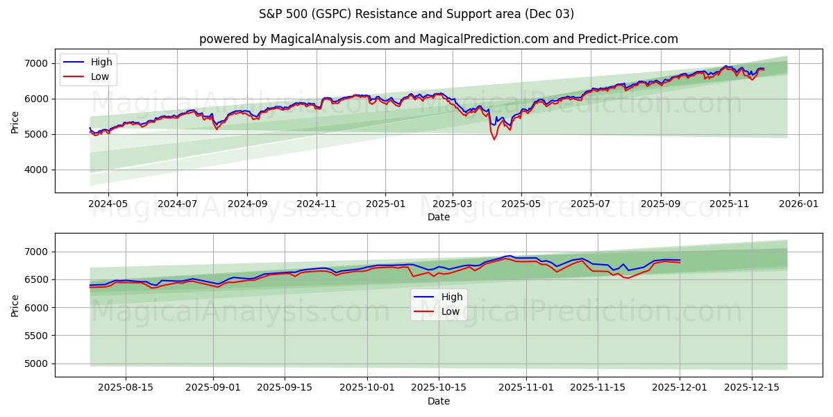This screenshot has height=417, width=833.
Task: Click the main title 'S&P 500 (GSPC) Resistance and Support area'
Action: tap(416, 14)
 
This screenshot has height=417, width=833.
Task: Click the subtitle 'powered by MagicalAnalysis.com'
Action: tap(292, 39)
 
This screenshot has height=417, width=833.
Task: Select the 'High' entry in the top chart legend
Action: tap(101, 62)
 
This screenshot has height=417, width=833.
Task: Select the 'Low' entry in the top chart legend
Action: tap(100, 76)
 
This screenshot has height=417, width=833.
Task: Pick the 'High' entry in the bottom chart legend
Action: tap(452, 297)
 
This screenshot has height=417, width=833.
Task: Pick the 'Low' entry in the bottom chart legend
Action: tap(451, 311)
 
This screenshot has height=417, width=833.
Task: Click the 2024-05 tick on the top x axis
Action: tap(108, 204)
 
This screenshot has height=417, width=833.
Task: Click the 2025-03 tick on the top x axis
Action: tap(453, 204)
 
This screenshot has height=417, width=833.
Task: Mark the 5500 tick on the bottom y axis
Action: tap(40, 336)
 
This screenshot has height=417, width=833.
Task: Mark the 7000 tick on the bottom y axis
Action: tap(40, 252)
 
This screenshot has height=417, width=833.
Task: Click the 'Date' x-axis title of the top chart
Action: tap(438, 217)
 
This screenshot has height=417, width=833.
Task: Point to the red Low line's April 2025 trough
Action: tap(494, 139)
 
